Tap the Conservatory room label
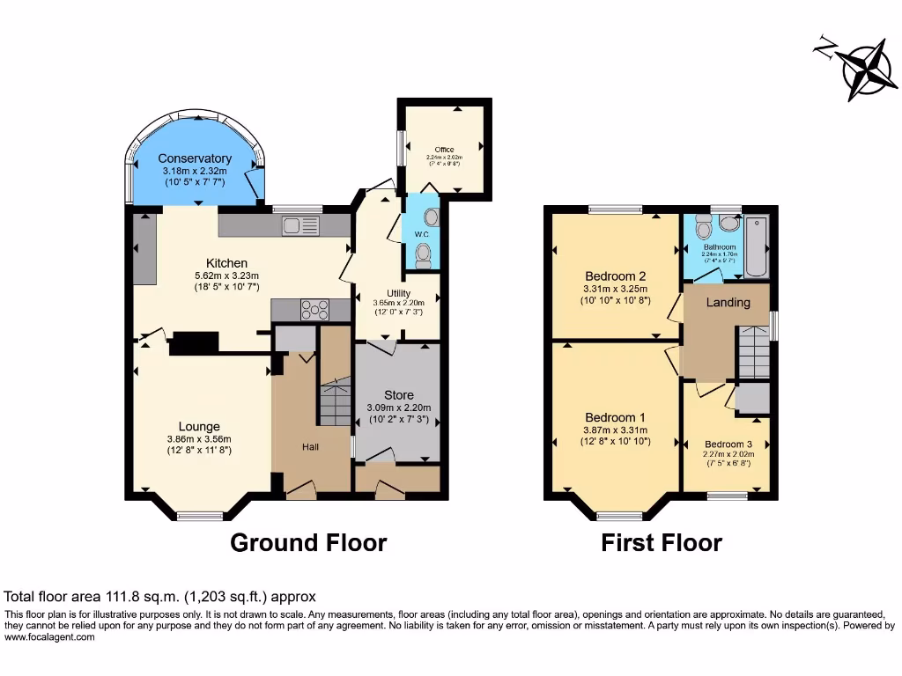(195, 158)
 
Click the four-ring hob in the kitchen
(314, 310)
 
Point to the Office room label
(444, 150)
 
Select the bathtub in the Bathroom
(757, 246)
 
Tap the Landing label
(728, 303)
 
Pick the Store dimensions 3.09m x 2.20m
(397, 408)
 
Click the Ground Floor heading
(308, 542)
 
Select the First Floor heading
(662, 542)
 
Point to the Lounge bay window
(200, 516)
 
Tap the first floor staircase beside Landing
(753, 352)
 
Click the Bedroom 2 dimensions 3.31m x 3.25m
(615, 289)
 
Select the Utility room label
(398, 293)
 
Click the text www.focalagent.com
(50, 637)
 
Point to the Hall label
(311, 447)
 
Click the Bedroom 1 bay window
(619, 516)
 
